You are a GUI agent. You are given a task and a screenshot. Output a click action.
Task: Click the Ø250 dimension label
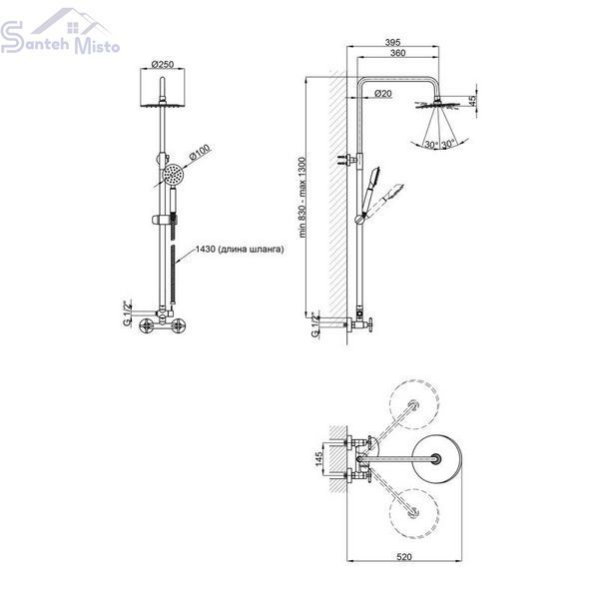[163, 64]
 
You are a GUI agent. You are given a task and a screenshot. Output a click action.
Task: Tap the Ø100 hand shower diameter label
[200, 152]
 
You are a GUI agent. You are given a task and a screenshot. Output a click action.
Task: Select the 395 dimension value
[392, 42]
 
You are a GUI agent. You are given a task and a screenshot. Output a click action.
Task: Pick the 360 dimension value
[397, 53]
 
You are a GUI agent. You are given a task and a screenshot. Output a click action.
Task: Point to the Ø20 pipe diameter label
[382, 93]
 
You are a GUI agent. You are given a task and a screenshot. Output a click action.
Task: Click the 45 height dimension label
[472, 101]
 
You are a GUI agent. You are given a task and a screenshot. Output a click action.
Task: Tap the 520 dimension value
[404, 557]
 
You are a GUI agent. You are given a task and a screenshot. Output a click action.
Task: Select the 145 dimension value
[319, 459]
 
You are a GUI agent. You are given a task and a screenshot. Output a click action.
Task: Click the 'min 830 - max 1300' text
[302, 198]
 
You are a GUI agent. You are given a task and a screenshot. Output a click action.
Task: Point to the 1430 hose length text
[240, 250]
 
